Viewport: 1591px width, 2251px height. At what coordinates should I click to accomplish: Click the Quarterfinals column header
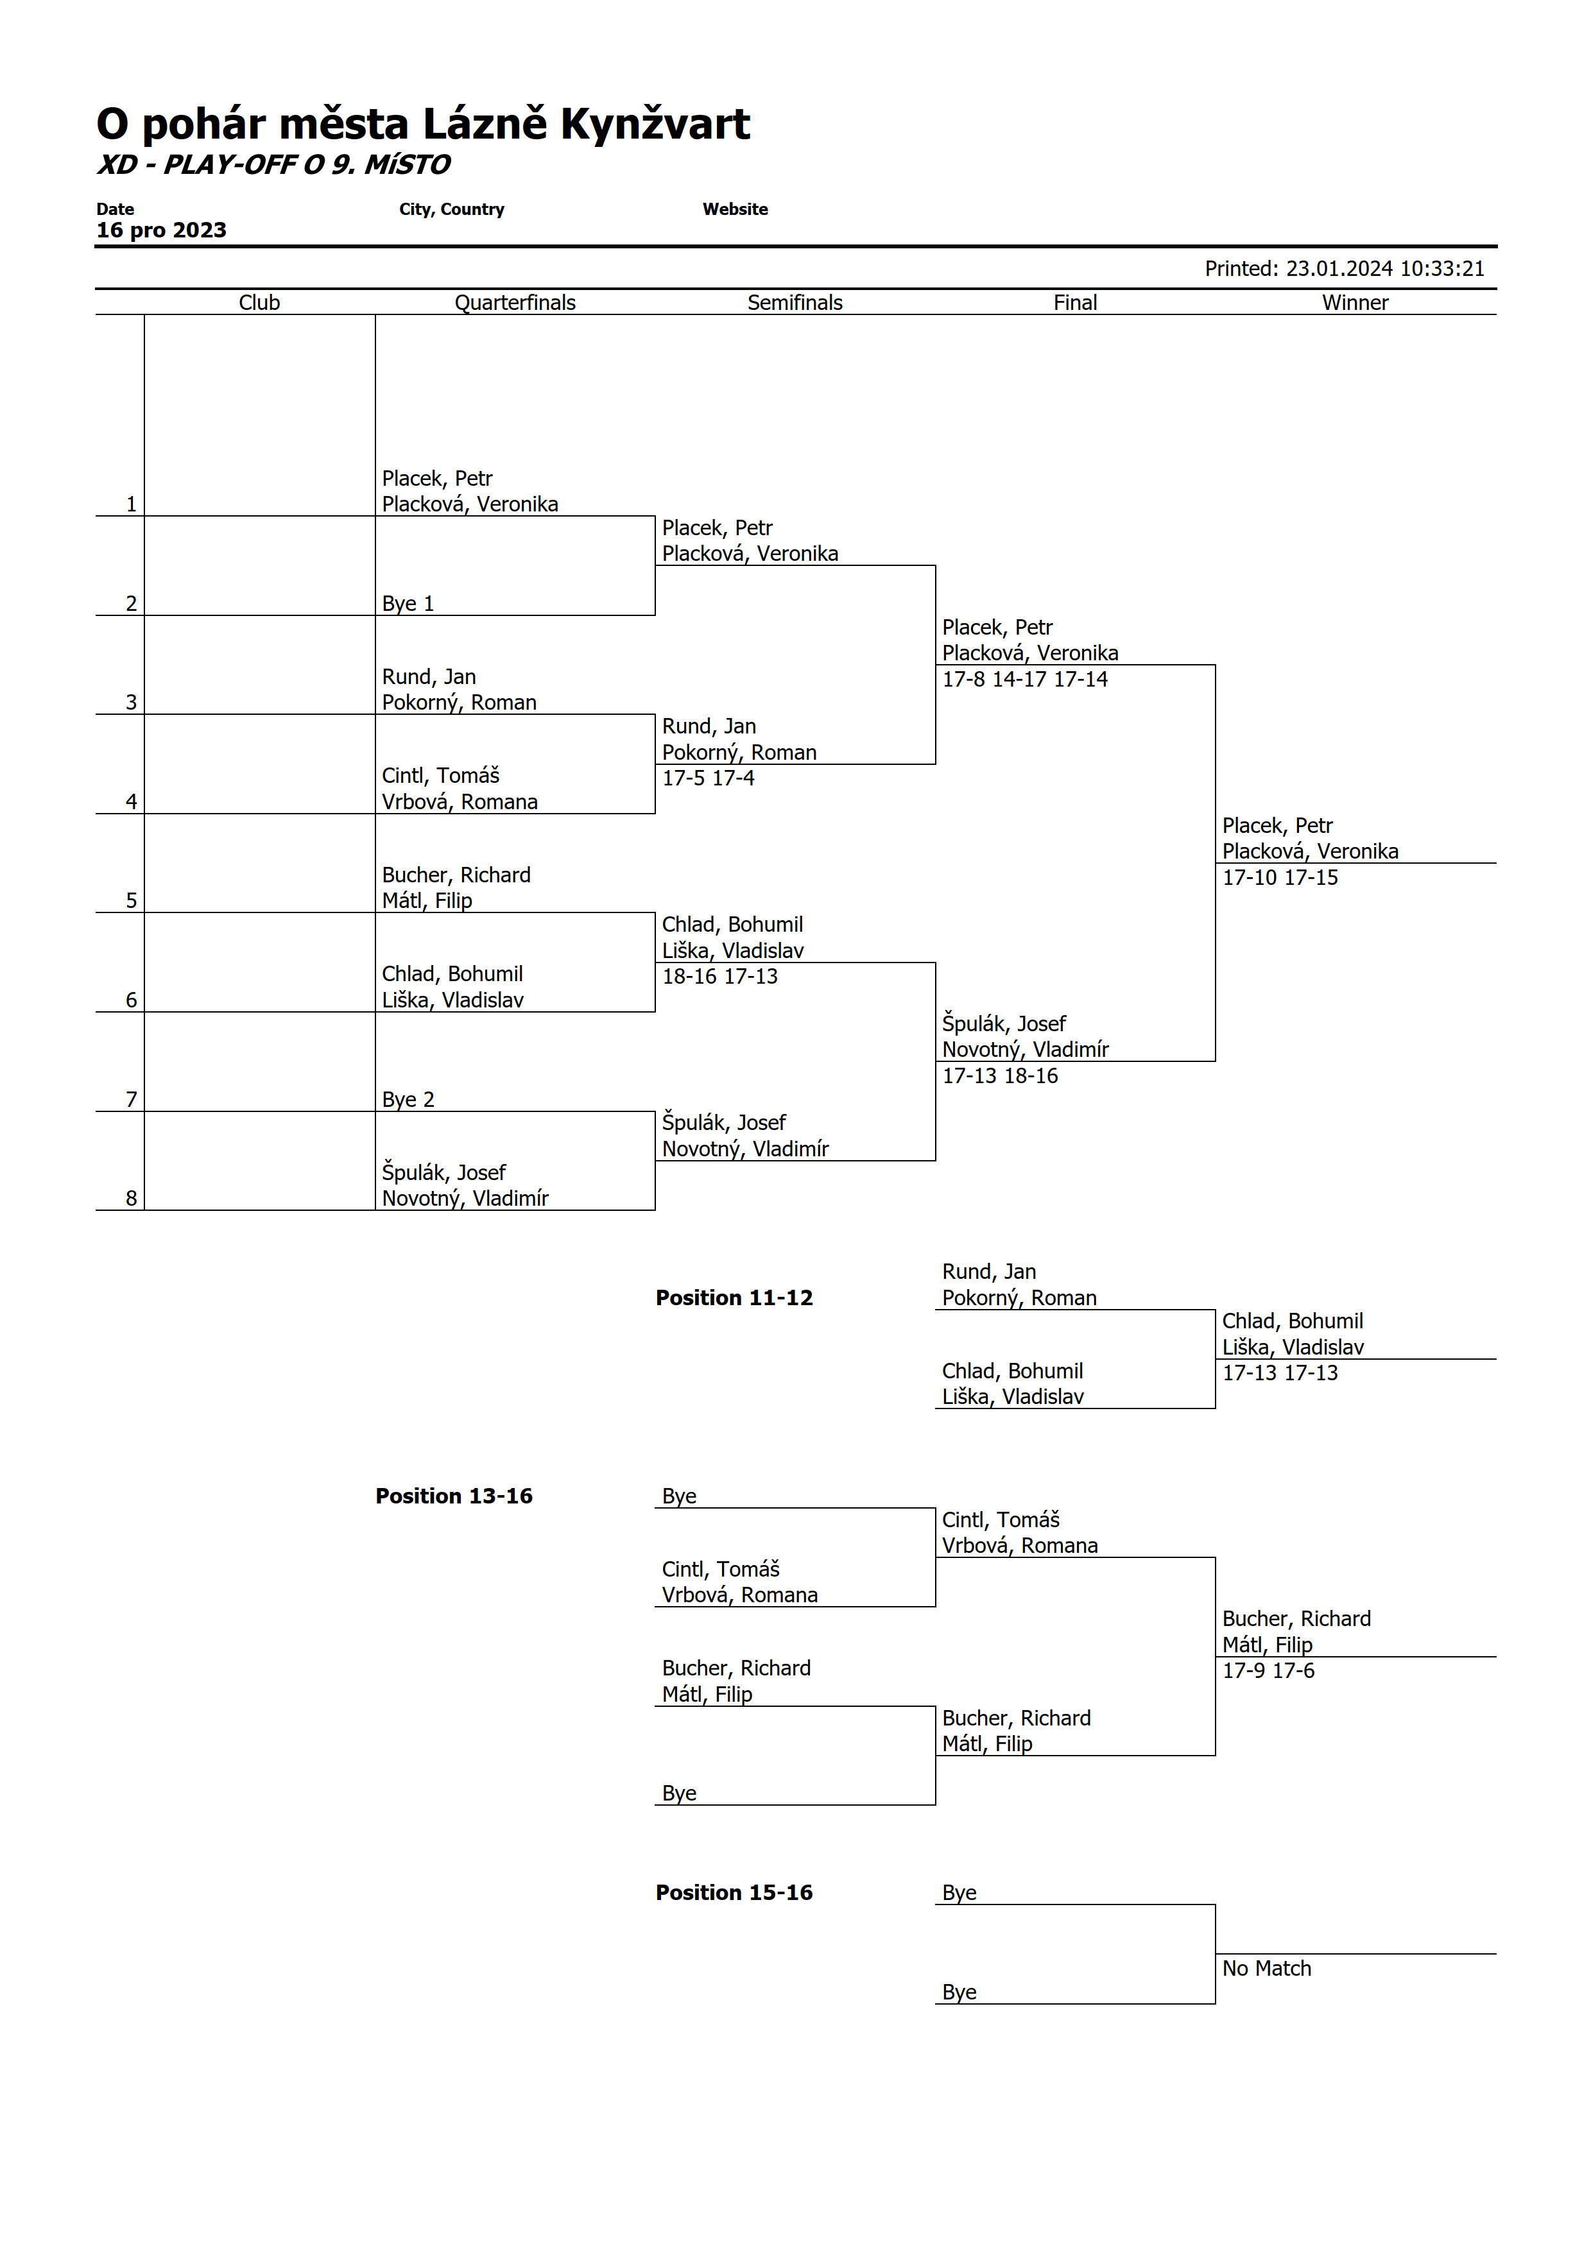515,303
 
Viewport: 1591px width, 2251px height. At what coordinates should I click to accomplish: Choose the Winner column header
1355,303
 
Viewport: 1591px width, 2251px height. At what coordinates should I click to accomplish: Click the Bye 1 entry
408,604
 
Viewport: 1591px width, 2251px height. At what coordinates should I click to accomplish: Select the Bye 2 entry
408,1100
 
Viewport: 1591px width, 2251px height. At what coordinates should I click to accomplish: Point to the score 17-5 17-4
708,778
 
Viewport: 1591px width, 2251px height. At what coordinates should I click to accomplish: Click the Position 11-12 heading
734,1298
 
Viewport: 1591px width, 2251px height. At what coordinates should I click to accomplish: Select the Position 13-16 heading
454,1496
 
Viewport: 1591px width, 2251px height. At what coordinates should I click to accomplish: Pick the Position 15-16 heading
734,1892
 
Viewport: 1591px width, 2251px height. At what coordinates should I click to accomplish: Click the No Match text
1266,1969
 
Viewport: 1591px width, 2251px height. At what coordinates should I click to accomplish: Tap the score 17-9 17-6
1268,1670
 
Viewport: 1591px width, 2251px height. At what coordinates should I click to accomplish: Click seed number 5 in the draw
132,901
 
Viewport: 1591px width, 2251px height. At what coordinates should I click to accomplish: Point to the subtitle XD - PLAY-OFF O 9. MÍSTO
273,165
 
